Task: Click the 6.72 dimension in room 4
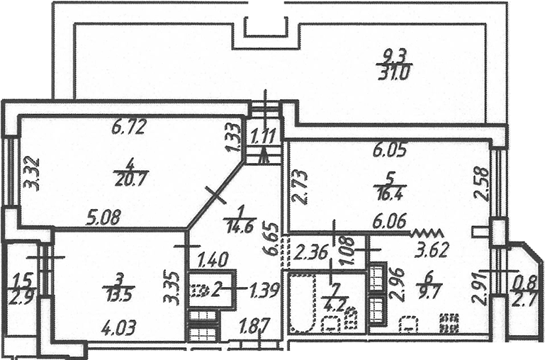point(128,127)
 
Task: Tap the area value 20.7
point(132,179)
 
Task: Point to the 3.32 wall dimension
point(31,174)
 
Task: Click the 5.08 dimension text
point(104,218)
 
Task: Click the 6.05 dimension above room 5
point(390,151)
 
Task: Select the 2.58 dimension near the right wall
point(483,184)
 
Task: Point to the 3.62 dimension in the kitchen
point(432,250)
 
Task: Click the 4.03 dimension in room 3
point(119,328)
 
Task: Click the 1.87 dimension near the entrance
point(254,327)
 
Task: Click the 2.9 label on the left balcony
point(21,298)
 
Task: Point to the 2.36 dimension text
point(310,252)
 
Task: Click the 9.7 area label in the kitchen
point(429,288)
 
